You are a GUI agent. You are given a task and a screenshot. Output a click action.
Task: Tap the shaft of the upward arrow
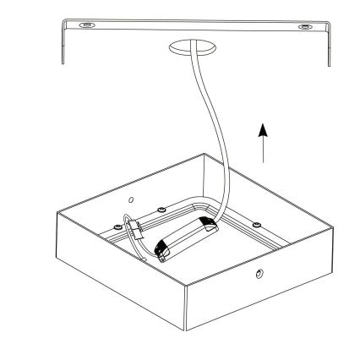265,150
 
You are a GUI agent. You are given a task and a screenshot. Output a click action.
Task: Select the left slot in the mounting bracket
85,27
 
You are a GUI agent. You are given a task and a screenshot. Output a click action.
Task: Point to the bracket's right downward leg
326,52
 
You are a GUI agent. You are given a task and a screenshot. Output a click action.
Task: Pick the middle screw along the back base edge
160,209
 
